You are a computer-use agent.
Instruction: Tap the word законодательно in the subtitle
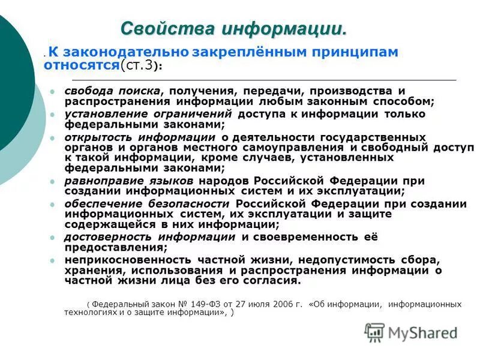pos(127,52)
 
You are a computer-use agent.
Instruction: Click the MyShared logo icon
pos(374,332)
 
